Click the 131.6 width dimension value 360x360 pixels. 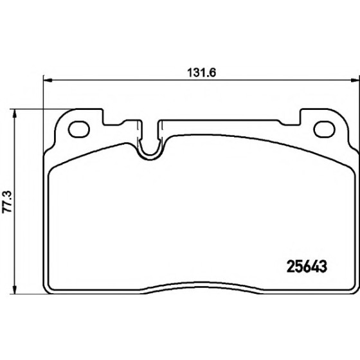pos(202,73)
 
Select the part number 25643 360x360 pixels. pos(307,267)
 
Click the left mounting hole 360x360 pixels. pos(78,129)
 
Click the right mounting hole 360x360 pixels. pos(325,129)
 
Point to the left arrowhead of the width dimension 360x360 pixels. pos(48,80)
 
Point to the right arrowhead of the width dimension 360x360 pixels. pos(355,80)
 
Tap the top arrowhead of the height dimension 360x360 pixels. pos(15,113)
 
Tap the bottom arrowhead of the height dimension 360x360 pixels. pos(15,289)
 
